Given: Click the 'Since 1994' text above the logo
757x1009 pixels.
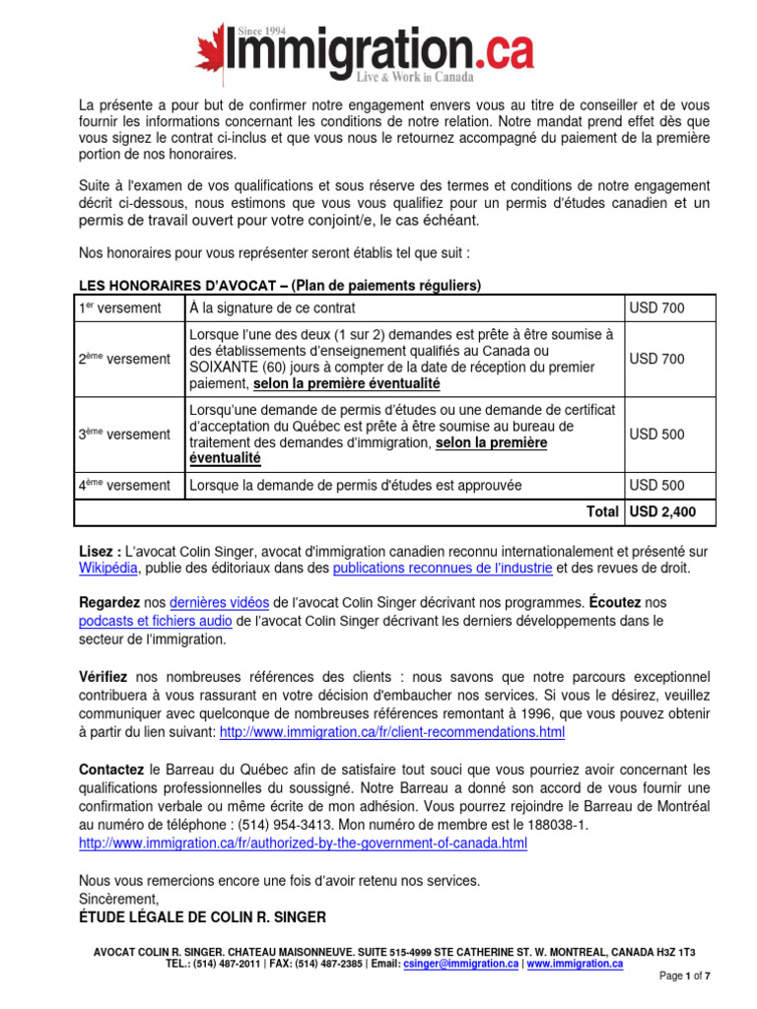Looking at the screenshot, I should coord(261,31).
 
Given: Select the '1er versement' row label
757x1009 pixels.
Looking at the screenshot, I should coord(120,308).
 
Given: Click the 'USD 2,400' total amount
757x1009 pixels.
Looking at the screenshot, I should coord(662,511).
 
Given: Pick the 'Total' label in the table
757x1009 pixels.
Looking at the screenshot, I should coord(600,511).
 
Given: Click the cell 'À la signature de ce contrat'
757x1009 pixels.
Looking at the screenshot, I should coord(271,308).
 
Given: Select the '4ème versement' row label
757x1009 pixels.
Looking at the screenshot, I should coord(124,485).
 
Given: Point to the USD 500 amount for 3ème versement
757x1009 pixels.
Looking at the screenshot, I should coord(656,434).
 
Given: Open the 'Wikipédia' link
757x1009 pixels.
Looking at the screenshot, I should coord(109,569).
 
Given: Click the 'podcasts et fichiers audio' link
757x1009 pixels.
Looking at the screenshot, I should coord(156,621).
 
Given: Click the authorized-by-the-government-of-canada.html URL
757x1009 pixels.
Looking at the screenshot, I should coord(303,843).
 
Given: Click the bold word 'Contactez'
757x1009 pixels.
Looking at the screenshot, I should coord(111,769).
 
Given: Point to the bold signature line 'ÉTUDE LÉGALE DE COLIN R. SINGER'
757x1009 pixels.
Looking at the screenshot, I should coord(202,917).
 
